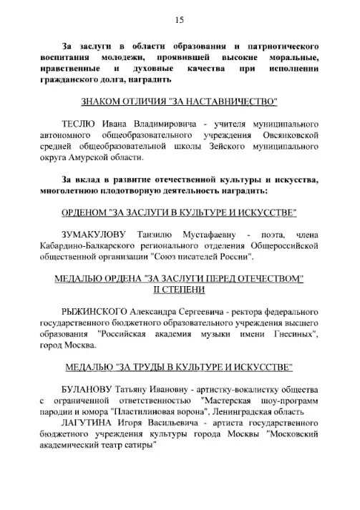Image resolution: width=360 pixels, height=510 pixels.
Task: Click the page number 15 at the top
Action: [x=180, y=19]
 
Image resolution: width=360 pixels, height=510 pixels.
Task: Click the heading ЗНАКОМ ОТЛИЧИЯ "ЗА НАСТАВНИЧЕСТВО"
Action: [x=180, y=102]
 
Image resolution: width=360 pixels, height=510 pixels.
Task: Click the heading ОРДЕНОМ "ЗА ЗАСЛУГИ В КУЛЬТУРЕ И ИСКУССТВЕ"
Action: [x=180, y=214]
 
